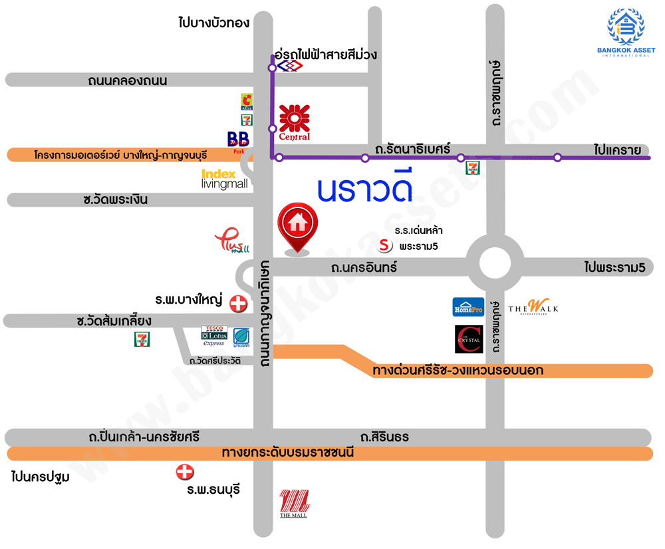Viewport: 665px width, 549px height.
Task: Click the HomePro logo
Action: pyautogui.click(x=468, y=307)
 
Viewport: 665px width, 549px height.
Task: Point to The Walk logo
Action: pyautogui.click(x=533, y=307)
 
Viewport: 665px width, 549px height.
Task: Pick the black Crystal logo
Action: pyautogui.click(x=468, y=339)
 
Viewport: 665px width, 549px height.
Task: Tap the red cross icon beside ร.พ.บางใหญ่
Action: pyautogui.click(x=237, y=304)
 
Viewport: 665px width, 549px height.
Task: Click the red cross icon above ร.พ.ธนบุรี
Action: pyautogui.click(x=184, y=473)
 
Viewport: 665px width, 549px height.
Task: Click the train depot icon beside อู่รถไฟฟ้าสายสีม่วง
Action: pyautogui.click(x=289, y=67)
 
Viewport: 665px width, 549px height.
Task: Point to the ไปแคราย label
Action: pyautogui.click(x=618, y=150)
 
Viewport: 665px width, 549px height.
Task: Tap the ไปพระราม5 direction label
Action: pyautogui.click(x=614, y=268)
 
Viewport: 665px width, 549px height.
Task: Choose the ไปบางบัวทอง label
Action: pyautogui.click(x=214, y=23)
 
